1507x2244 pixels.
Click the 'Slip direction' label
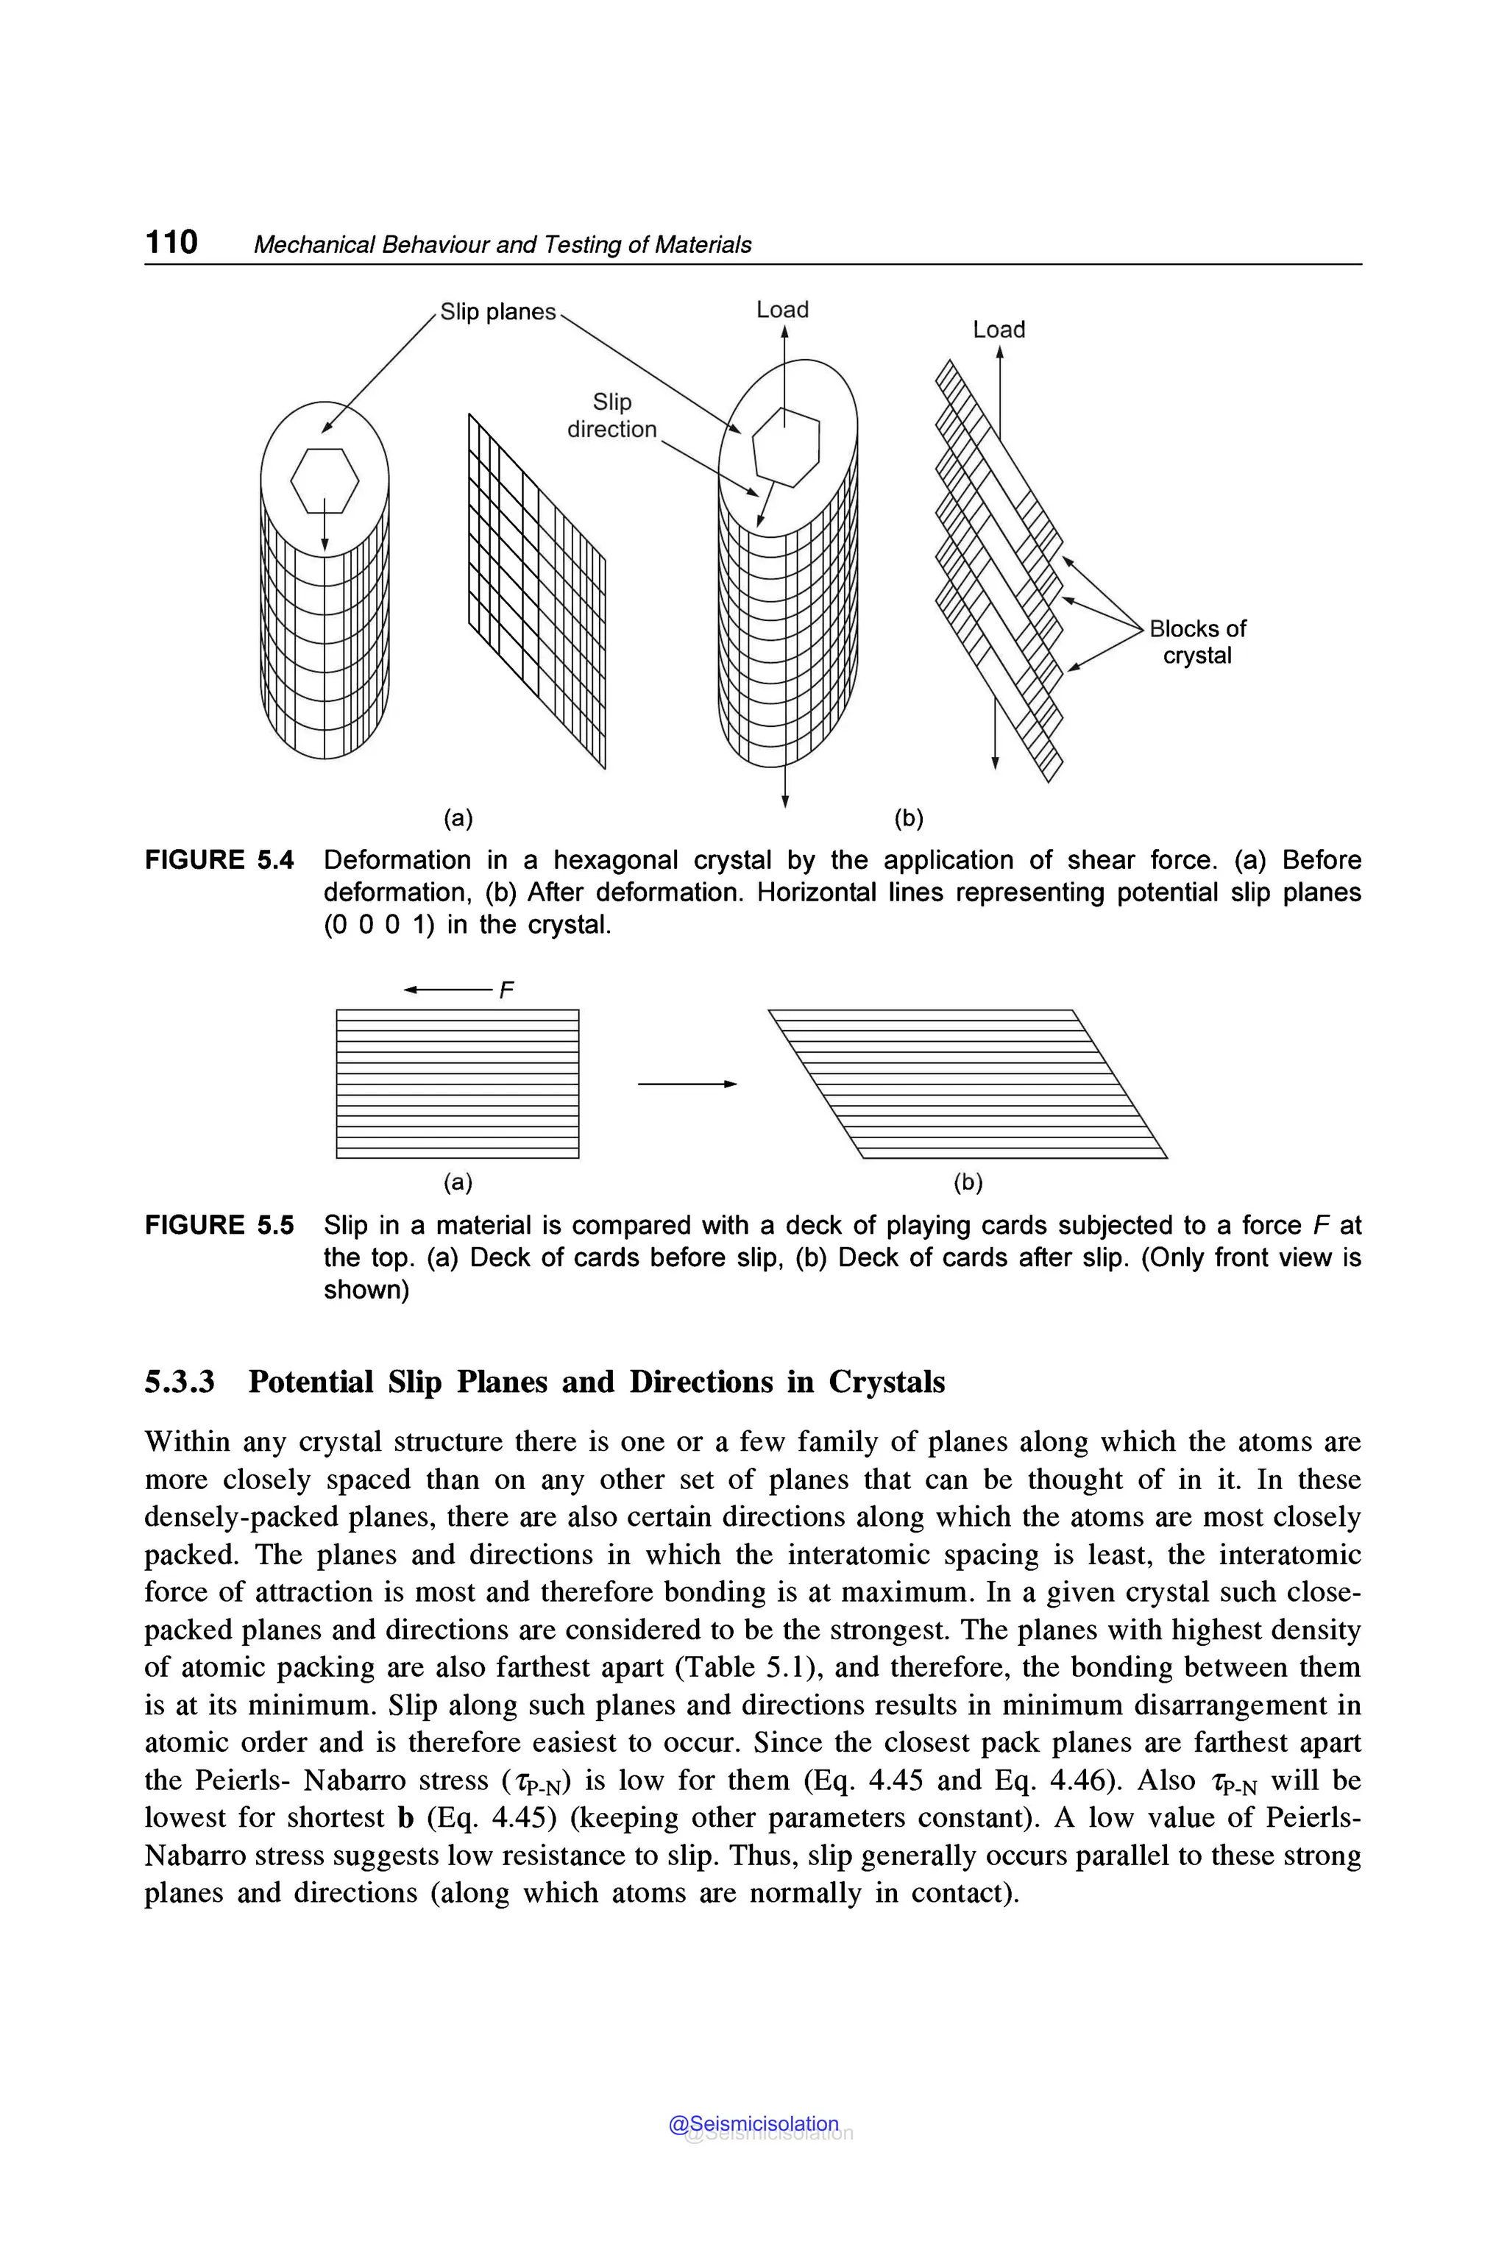(611, 415)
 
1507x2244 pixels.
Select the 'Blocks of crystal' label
(1196, 642)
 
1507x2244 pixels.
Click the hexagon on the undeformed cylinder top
(325, 480)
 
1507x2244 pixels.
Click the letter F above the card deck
(506, 990)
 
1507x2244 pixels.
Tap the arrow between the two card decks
(687, 1084)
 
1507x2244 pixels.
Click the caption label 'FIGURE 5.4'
(219, 860)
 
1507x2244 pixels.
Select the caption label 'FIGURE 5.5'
(219, 1225)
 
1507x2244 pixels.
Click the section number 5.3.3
(180, 1382)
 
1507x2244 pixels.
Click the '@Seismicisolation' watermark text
(753, 2124)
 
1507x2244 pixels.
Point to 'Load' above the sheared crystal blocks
(999, 330)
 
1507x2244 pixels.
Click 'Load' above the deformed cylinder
(782, 310)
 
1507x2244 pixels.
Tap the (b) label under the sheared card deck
(968, 1182)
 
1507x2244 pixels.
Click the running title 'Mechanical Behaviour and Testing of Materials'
(502, 245)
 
